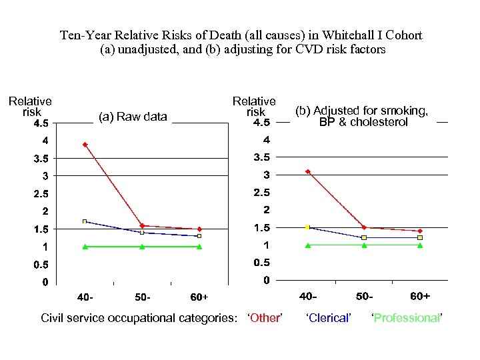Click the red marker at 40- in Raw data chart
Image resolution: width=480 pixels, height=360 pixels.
click(x=85, y=144)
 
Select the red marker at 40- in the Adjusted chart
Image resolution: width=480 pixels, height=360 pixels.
click(x=307, y=171)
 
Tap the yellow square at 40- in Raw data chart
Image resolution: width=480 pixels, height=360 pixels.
click(x=85, y=221)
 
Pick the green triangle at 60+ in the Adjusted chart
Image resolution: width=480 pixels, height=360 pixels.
click(x=420, y=245)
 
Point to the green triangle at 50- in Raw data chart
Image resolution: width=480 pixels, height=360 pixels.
click(x=142, y=247)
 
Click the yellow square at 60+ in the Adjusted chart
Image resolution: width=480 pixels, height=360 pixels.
click(x=420, y=237)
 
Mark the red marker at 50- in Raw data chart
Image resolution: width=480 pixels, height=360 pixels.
click(x=142, y=226)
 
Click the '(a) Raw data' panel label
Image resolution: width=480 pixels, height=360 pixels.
click(x=133, y=117)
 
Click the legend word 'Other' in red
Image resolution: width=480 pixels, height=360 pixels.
click(x=265, y=318)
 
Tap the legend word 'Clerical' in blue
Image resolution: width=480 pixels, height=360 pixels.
click(x=328, y=318)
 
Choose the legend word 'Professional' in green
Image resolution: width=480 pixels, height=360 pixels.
click(x=407, y=318)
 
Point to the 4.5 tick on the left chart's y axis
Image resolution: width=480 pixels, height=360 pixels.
click(x=41, y=123)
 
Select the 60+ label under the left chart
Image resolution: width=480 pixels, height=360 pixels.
click(x=199, y=297)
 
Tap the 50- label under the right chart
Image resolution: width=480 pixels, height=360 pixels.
click(x=364, y=296)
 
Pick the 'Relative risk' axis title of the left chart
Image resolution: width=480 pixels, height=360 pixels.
click(x=30, y=107)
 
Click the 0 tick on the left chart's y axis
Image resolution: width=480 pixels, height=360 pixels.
click(x=45, y=282)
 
